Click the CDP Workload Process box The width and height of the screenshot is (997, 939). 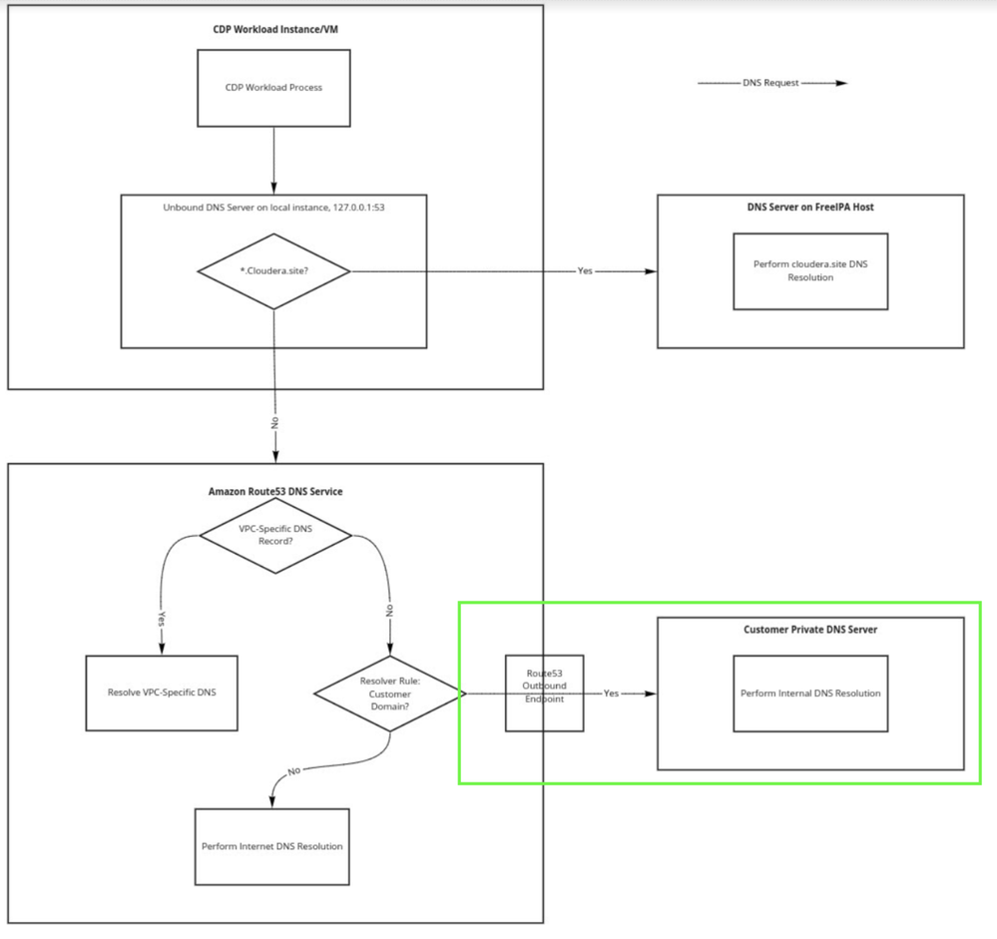coord(273,88)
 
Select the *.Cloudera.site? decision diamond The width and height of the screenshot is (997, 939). coord(274,271)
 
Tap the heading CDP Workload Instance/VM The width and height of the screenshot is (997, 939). coord(275,29)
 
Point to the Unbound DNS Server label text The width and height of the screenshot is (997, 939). coord(273,208)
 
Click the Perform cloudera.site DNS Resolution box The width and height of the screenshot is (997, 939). coord(810,271)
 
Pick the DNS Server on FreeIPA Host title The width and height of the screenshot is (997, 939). coord(810,207)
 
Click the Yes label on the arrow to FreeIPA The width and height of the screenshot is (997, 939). coord(585,270)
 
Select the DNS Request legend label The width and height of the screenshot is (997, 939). coord(770,83)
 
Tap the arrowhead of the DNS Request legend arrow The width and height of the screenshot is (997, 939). coord(841,83)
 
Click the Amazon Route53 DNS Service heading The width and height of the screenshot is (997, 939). coord(275,491)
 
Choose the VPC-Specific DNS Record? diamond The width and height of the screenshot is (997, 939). coord(275,535)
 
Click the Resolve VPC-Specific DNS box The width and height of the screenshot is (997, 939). coord(162,693)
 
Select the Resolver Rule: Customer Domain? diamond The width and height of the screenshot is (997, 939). coord(390,694)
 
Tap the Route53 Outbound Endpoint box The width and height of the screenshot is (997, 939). coord(544,694)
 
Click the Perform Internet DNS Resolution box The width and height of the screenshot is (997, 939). coord(272,847)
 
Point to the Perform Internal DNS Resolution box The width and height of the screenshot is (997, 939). coord(810,694)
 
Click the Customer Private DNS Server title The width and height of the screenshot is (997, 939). coord(810,630)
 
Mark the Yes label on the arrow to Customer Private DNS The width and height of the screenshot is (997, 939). coord(611,693)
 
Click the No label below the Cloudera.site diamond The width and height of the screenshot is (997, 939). coord(274,423)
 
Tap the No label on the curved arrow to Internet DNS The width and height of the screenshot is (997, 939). coord(293,771)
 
